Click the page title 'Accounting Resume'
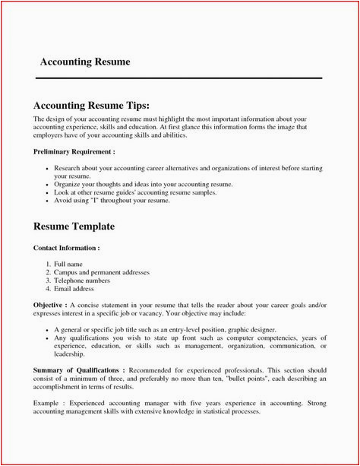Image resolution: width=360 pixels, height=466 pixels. [x=84, y=62]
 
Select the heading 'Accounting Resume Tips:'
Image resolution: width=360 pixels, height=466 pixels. [x=96, y=105]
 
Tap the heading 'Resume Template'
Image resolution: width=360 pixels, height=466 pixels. [x=74, y=227]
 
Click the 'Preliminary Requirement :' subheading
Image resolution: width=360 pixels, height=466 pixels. [x=74, y=152]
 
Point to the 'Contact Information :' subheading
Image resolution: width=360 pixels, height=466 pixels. [x=67, y=248]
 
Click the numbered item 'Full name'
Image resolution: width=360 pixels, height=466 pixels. [x=70, y=263]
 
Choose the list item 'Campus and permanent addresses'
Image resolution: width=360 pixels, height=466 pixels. [x=102, y=271]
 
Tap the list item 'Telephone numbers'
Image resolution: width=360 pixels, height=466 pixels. [x=83, y=280]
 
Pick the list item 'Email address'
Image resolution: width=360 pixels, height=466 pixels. [x=75, y=289]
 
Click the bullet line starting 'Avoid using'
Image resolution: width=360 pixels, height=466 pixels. [x=112, y=200]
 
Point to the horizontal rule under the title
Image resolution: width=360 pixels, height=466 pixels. [x=180, y=78]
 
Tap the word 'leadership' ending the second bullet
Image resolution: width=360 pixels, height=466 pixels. [x=70, y=354]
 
